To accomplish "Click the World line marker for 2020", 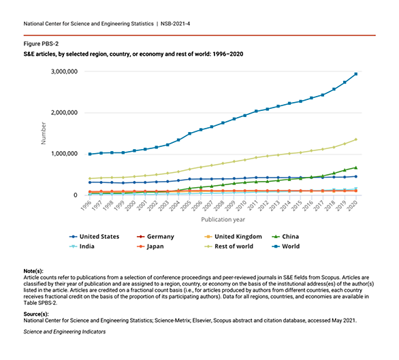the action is [x=355, y=74].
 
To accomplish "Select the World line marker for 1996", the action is [x=90, y=154].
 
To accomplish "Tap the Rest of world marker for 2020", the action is [x=355, y=140].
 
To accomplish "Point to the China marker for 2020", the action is [x=355, y=167].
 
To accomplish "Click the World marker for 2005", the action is [x=189, y=133].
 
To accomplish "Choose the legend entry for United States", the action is [x=94, y=237].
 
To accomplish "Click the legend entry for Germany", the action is [x=155, y=237].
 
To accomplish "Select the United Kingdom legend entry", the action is [x=233, y=237].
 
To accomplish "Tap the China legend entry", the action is [x=285, y=237].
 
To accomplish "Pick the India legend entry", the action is [x=82, y=246].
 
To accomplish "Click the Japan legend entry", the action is [x=150, y=246].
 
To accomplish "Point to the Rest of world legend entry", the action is [x=229, y=246].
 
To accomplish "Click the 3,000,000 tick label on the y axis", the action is [x=65, y=71].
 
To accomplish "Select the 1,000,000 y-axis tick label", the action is [x=65, y=154].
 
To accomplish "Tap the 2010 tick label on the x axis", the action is [x=241, y=206].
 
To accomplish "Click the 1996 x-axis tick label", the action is [x=86, y=206].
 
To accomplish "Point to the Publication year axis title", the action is [x=223, y=220].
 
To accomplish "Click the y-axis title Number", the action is [x=44, y=133].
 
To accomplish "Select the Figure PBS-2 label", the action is [x=41, y=44].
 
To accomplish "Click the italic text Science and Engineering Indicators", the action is [x=65, y=332].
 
